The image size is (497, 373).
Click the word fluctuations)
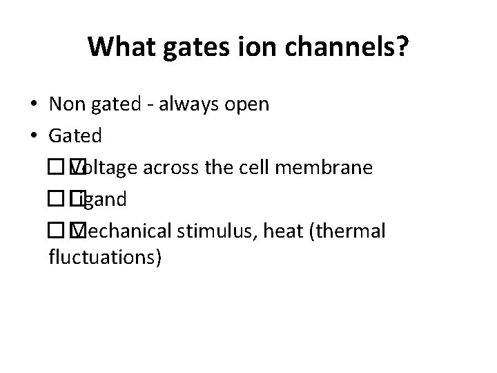tap(106, 258)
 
